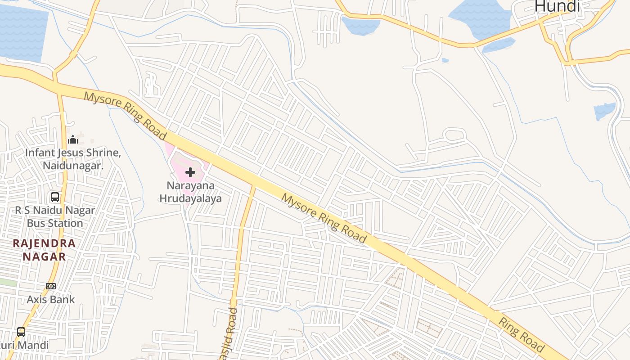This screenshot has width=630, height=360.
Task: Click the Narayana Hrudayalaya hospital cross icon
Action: tap(190, 172)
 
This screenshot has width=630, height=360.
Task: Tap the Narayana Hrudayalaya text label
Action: tap(190, 192)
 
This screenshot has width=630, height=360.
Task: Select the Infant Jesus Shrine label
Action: tap(73, 153)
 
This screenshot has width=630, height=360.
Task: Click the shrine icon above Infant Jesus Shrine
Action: tap(73, 139)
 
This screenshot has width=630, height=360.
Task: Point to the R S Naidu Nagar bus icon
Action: tap(55, 197)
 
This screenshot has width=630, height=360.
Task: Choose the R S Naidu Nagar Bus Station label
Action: tap(55, 217)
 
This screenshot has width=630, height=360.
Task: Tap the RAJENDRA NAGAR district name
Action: tap(44, 250)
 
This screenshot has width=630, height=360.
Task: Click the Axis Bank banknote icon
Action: tap(51, 286)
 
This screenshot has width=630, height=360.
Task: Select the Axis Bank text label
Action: tap(51, 299)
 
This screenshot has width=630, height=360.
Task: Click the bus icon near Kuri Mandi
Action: tap(21, 332)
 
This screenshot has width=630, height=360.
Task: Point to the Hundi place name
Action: tap(557, 6)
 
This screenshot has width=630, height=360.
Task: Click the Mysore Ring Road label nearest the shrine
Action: tap(125, 116)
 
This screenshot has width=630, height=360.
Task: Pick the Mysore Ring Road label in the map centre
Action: tap(324, 218)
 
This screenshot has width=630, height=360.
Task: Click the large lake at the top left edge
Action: tap(22, 34)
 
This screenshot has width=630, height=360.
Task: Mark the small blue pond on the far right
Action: tap(604, 111)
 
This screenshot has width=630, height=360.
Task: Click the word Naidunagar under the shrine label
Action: tap(73, 166)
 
